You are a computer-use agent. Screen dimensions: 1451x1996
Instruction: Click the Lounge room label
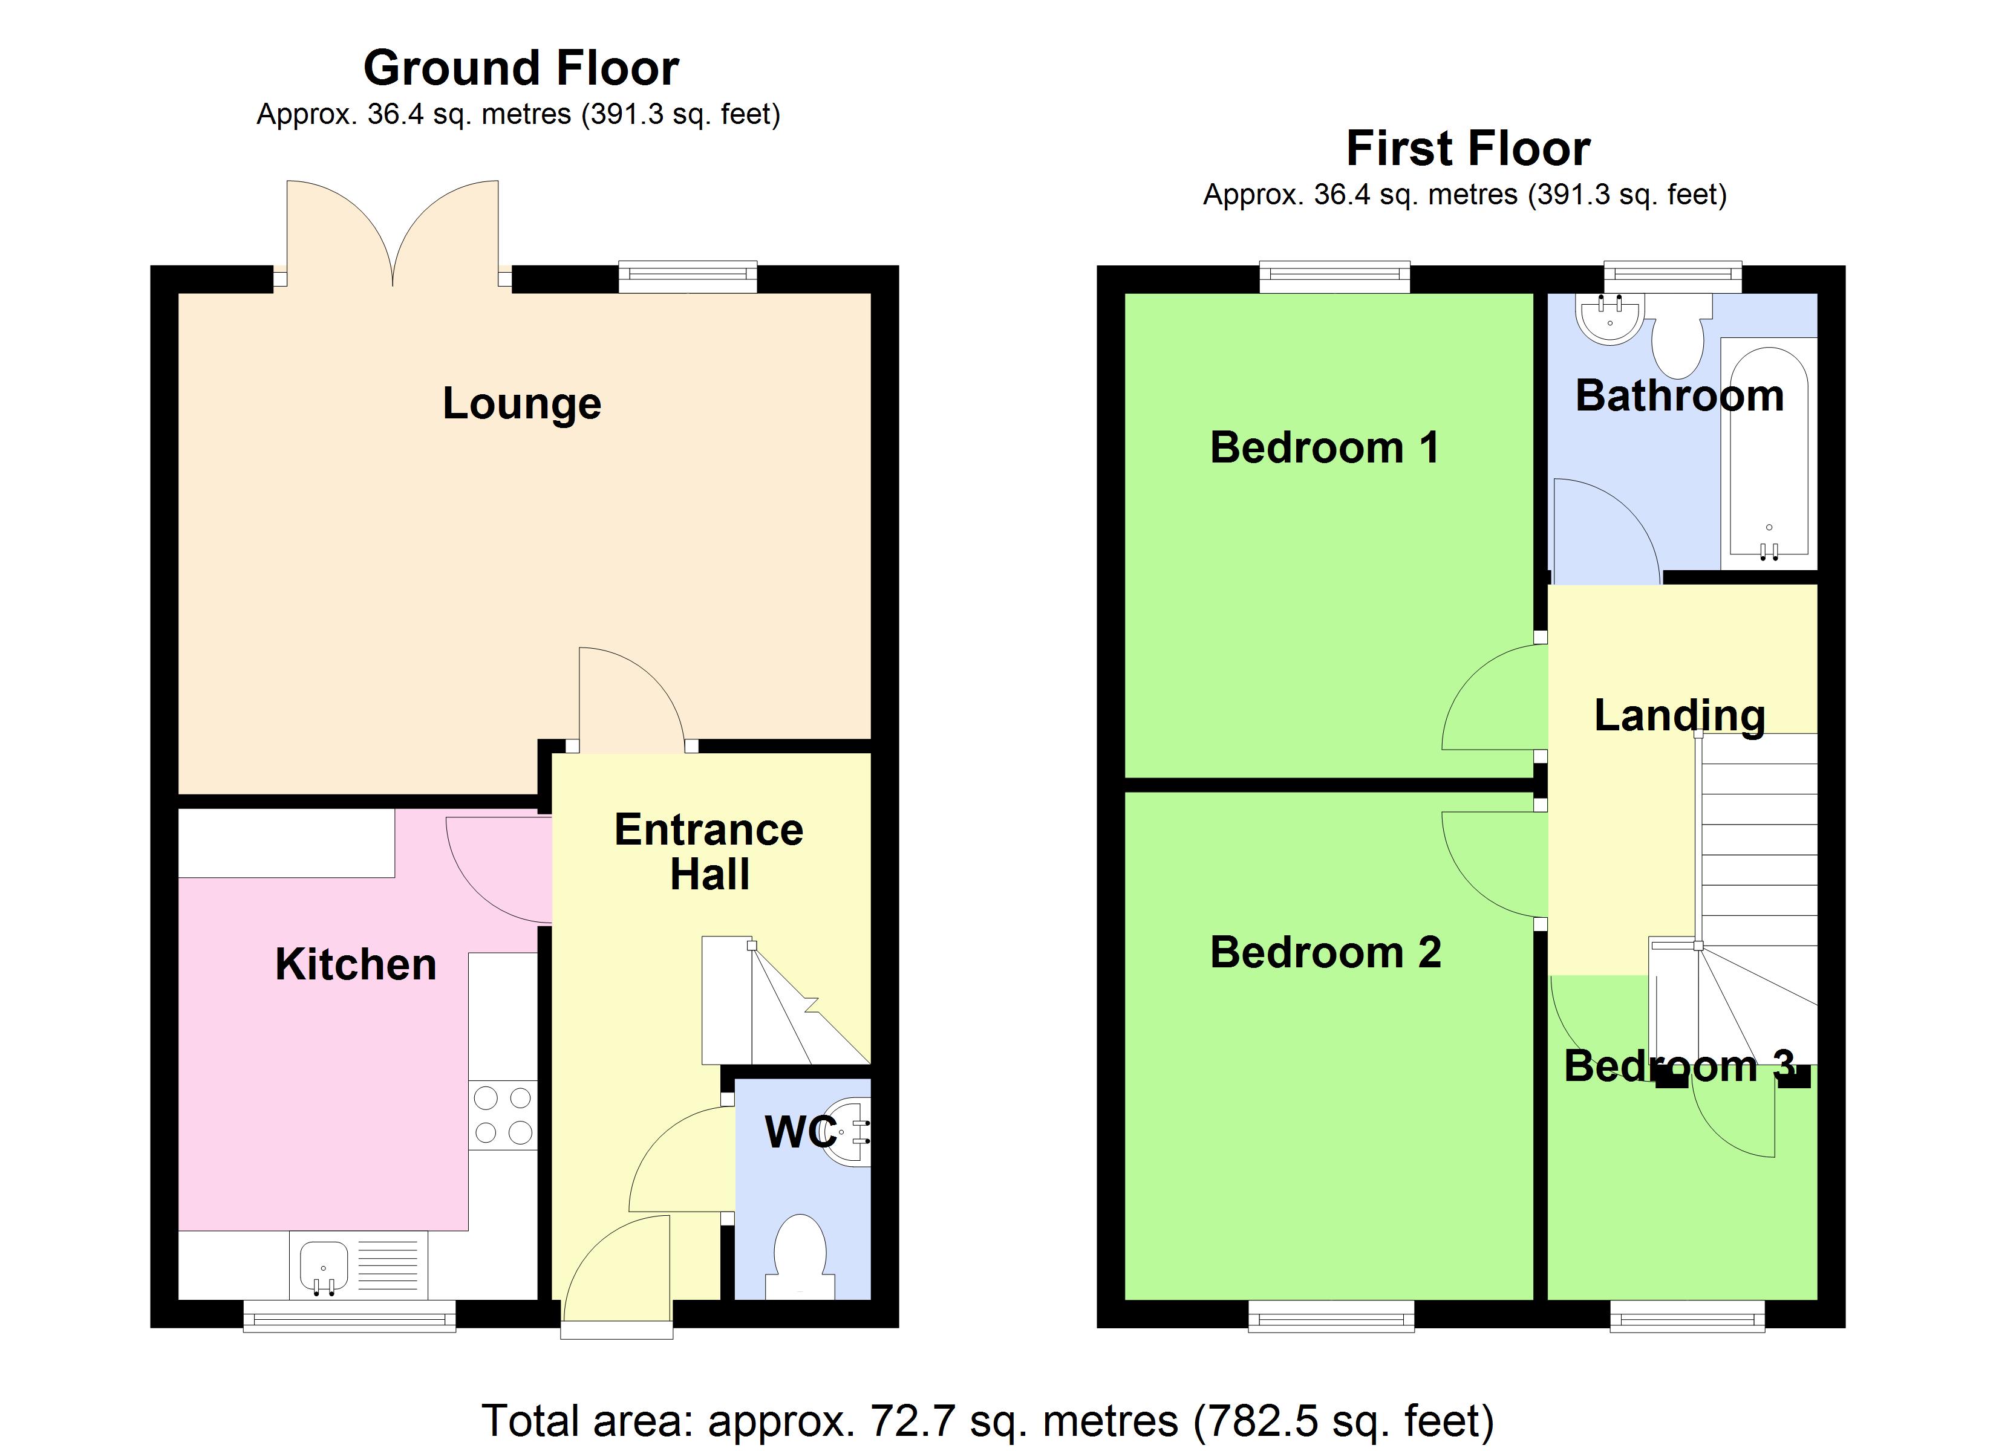[x=522, y=404]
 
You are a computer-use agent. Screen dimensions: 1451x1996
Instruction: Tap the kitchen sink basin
[x=324, y=1265]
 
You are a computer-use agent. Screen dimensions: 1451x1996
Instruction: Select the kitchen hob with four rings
[x=503, y=1115]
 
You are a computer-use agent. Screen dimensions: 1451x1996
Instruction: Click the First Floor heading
[x=1468, y=148]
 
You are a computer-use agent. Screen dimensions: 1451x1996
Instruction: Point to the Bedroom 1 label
[x=1325, y=448]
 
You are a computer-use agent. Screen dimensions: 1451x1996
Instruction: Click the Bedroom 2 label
[x=1325, y=952]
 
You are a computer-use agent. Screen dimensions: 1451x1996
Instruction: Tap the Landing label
[x=1679, y=715]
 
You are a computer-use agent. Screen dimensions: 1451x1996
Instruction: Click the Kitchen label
[x=356, y=964]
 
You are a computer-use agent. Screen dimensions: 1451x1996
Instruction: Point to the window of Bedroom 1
[x=1334, y=277]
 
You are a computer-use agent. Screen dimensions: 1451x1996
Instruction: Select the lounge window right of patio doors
[x=687, y=276]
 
